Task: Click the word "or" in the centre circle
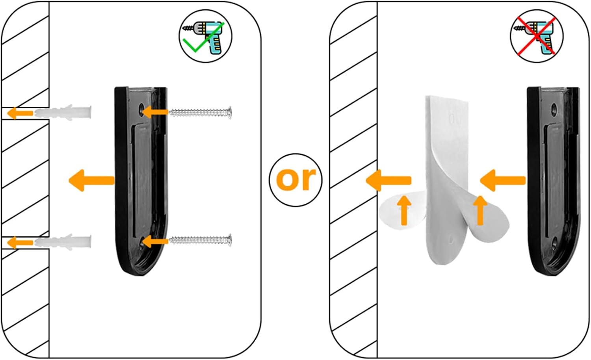click(296, 180)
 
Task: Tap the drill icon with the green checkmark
click(206, 36)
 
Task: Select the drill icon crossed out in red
click(537, 36)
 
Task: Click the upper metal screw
click(200, 113)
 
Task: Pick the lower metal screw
click(200, 241)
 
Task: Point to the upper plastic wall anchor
click(63, 113)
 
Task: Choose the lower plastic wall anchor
click(63, 241)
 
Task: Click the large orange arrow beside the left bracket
click(91, 180)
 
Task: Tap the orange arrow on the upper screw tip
click(155, 112)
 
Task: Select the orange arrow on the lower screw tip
click(155, 241)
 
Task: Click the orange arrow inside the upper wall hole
click(20, 113)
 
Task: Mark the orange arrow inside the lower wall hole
click(20, 242)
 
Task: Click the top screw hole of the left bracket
click(141, 108)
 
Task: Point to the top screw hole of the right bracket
click(554, 108)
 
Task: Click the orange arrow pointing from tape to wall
click(388, 180)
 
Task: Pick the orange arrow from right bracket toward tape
click(503, 180)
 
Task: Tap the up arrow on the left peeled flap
click(404, 210)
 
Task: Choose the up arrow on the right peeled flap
click(480, 210)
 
